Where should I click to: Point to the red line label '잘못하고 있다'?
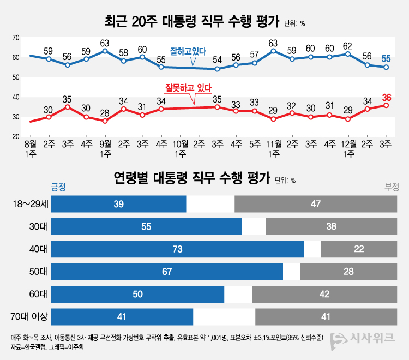click(188, 87)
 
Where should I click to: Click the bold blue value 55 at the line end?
click(386, 58)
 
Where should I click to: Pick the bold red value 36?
click(387, 98)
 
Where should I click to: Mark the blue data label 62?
click(348, 46)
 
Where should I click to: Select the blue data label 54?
click(217, 60)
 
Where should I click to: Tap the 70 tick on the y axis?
click(16, 38)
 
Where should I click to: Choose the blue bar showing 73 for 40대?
click(177, 249)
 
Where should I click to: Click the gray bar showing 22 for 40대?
click(359, 249)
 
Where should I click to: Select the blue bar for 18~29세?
click(119, 203)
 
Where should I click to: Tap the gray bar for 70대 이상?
click(326, 316)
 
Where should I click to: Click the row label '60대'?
click(39, 294)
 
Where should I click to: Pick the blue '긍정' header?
click(58, 187)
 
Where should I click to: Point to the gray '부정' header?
click(392, 187)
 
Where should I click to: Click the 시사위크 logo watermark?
click(363, 338)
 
